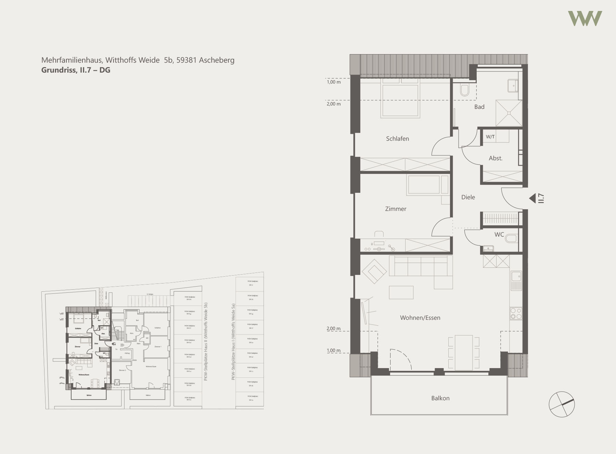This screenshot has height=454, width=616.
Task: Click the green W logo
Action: click(x=585, y=18)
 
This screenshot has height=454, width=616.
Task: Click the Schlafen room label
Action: click(x=397, y=139)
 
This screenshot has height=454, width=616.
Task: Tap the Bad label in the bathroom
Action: click(x=479, y=107)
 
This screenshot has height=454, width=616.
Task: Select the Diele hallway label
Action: click(x=468, y=197)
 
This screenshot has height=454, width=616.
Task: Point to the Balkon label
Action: click(x=440, y=398)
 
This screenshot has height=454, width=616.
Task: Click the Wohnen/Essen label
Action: click(x=420, y=318)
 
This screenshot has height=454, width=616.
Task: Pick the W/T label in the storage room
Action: click(x=490, y=137)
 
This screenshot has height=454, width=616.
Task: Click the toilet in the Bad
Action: click(x=464, y=90)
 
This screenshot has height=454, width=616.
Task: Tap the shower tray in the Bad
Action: click(x=509, y=113)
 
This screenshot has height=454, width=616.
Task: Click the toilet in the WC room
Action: click(x=512, y=238)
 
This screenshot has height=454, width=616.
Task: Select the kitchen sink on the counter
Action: click(x=516, y=280)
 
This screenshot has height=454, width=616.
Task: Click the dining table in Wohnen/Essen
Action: click(x=464, y=353)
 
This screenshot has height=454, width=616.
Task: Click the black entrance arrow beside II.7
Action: click(x=532, y=198)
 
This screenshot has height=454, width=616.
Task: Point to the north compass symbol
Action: click(x=562, y=404)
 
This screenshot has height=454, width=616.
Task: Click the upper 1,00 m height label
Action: click(x=334, y=82)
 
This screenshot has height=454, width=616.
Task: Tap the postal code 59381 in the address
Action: click(x=187, y=60)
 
